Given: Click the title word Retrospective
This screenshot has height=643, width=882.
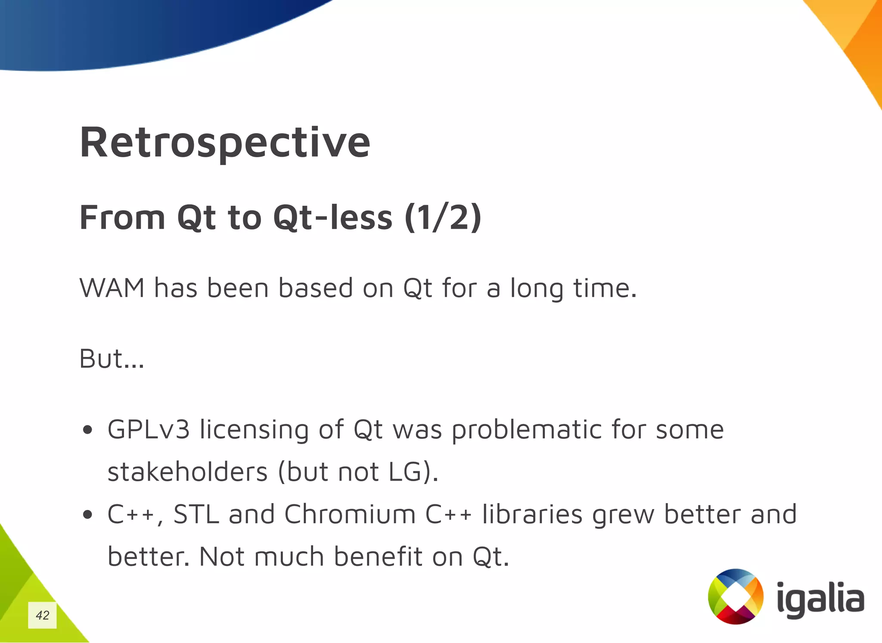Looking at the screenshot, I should click(224, 143).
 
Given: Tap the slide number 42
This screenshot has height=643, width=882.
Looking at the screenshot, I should click(42, 615).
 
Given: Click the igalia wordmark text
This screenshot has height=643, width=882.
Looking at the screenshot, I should click(820, 599).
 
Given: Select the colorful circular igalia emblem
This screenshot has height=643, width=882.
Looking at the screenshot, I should click(736, 596).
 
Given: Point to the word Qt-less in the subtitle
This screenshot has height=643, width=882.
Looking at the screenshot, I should click(332, 217).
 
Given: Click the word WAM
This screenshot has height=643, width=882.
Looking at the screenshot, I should click(112, 288).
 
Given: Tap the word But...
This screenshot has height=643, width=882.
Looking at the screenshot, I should click(101, 358).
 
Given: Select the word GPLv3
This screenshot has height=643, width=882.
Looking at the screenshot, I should click(149, 429).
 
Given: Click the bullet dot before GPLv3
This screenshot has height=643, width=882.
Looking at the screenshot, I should click(88, 430).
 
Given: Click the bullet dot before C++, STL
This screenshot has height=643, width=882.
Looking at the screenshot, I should click(88, 515).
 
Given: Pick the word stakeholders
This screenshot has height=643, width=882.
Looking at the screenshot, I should click(187, 472).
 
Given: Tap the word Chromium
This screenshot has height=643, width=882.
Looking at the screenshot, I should click(350, 514).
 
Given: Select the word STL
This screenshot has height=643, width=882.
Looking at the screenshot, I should click(196, 514).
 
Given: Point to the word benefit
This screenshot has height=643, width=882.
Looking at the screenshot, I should click(378, 556).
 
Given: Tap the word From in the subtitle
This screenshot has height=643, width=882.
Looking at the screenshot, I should click(122, 217).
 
